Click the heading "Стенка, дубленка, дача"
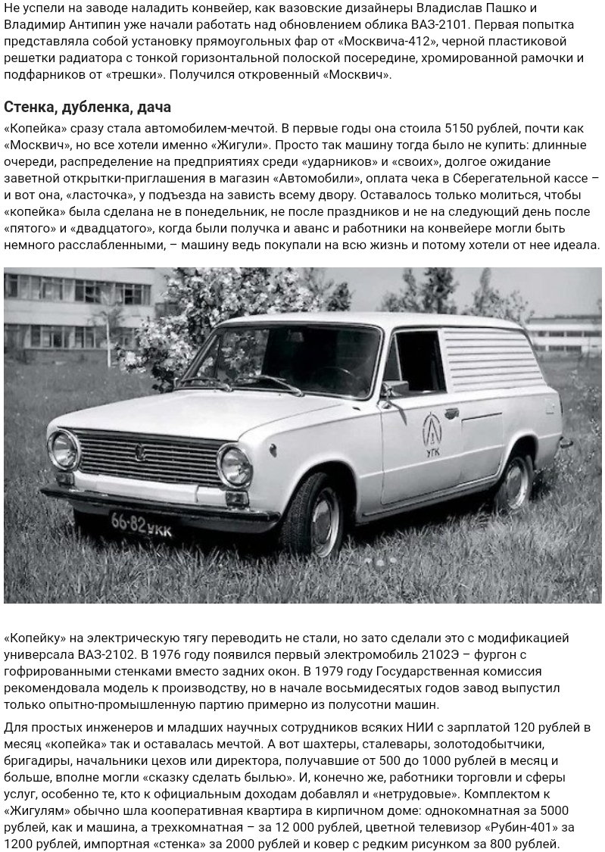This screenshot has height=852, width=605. pos(87,107)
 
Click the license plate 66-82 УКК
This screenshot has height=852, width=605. pos(141,524)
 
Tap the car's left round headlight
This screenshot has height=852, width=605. pos(64,449)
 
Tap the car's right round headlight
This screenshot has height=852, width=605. pos(235,464)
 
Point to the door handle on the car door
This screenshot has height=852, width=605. pos(452,414)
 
